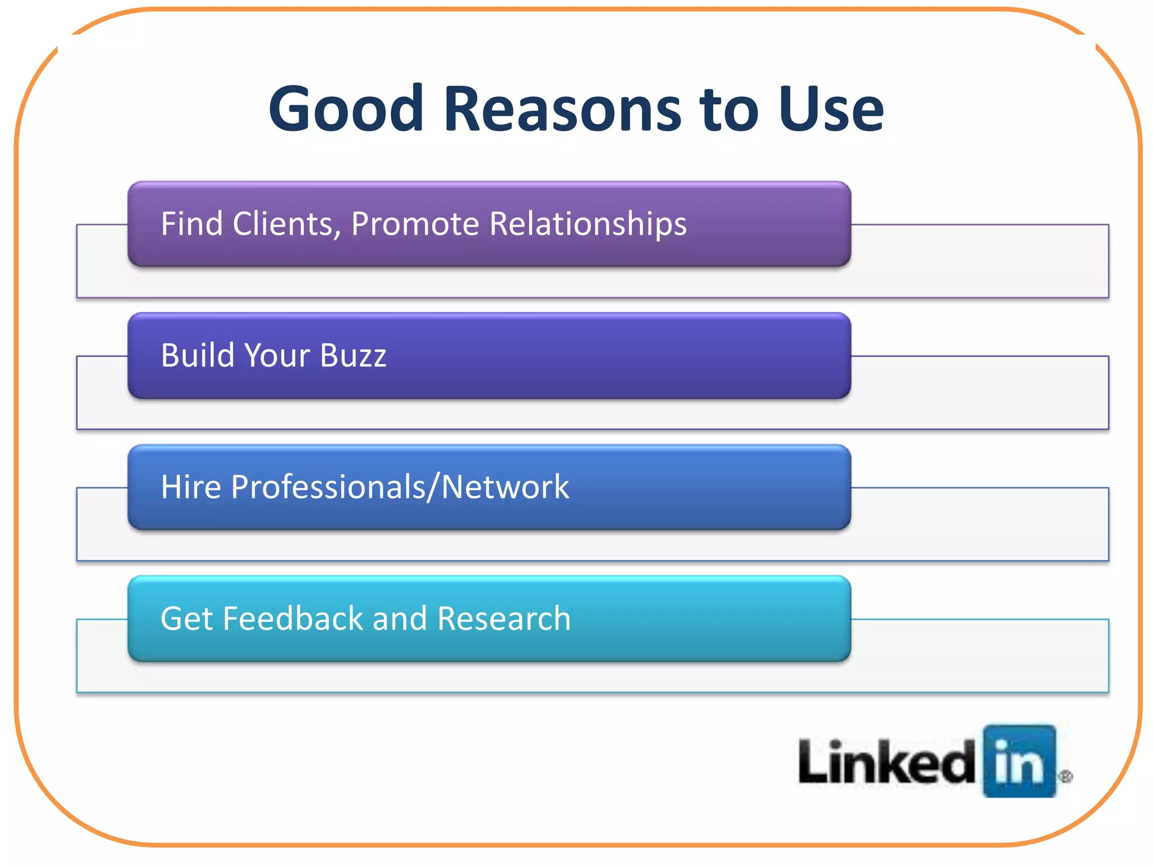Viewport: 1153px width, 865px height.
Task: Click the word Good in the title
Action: tap(346, 109)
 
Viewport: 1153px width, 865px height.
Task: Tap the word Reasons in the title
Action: tap(562, 109)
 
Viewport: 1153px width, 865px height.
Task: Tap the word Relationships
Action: tap(588, 224)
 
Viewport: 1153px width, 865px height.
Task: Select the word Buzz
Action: tap(353, 355)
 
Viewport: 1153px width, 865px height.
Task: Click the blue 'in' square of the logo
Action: tap(1019, 761)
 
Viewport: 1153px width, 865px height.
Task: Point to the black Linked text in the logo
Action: tap(887, 763)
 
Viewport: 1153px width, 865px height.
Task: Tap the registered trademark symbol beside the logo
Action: tap(1065, 777)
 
